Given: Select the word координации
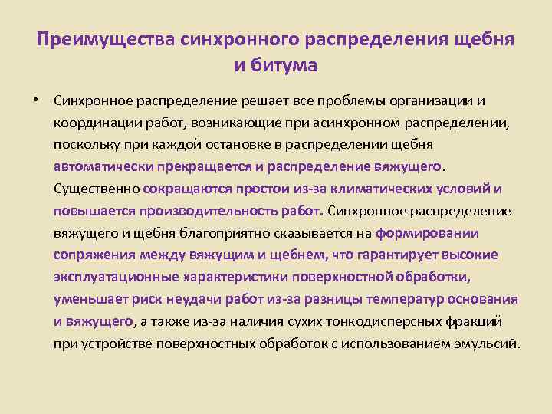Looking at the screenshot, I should (x=92, y=123).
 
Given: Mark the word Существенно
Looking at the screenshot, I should (x=96, y=189).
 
